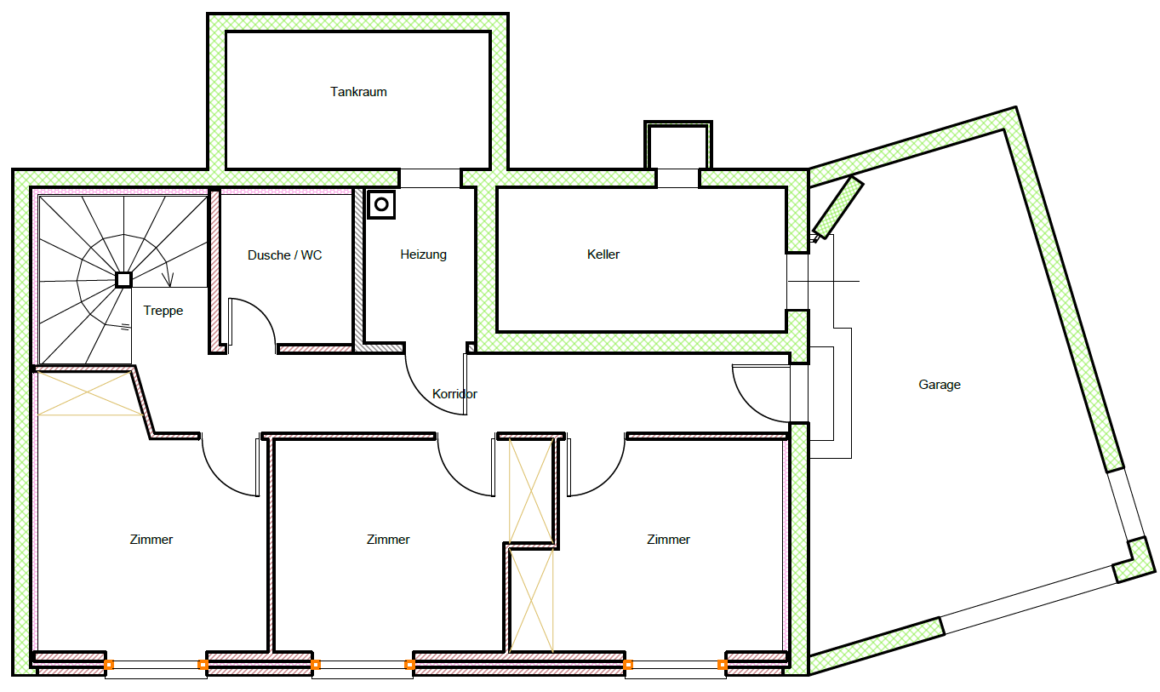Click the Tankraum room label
click(x=358, y=92)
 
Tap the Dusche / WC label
click(x=285, y=255)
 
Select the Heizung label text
click(x=423, y=254)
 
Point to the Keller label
click(x=603, y=254)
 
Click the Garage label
click(x=940, y=385)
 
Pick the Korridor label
click(x=454, y=394)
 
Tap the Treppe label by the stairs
click(x=163, y=311)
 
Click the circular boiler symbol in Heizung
click(x=381, y=204)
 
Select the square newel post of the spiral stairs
click(x=123, y=280)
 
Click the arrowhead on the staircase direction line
click(x=168, y=280)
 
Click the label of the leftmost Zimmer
click(x=151, y=540)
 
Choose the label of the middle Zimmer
click(x=388, y=540)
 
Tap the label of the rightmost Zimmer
click(x=668, y=540)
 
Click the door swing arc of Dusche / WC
click(x=264, y=312)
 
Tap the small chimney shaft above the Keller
click(x=678, y=146)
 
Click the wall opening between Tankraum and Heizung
click(x=431, y=178)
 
